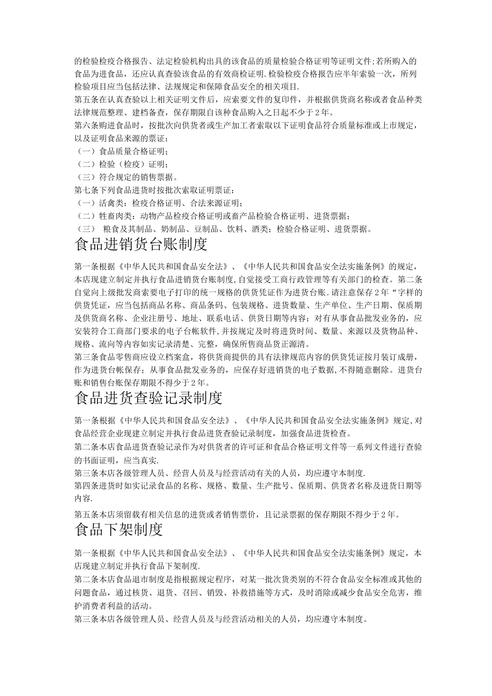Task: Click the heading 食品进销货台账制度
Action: [141, 243]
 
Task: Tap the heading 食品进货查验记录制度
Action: [149, 398]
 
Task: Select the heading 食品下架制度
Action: [119, 530]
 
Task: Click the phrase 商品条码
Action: [202, 306]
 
